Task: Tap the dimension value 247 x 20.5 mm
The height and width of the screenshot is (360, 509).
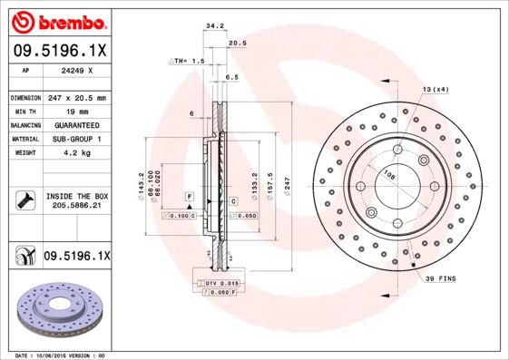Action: pos(76,97)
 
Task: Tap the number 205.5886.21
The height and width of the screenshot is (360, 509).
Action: pos(76,206)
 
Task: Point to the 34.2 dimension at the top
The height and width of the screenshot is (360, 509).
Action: pos(215,26)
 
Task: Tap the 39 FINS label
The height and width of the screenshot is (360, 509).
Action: pos(440,279)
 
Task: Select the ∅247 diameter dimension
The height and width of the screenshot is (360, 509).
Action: pos(288,185)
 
